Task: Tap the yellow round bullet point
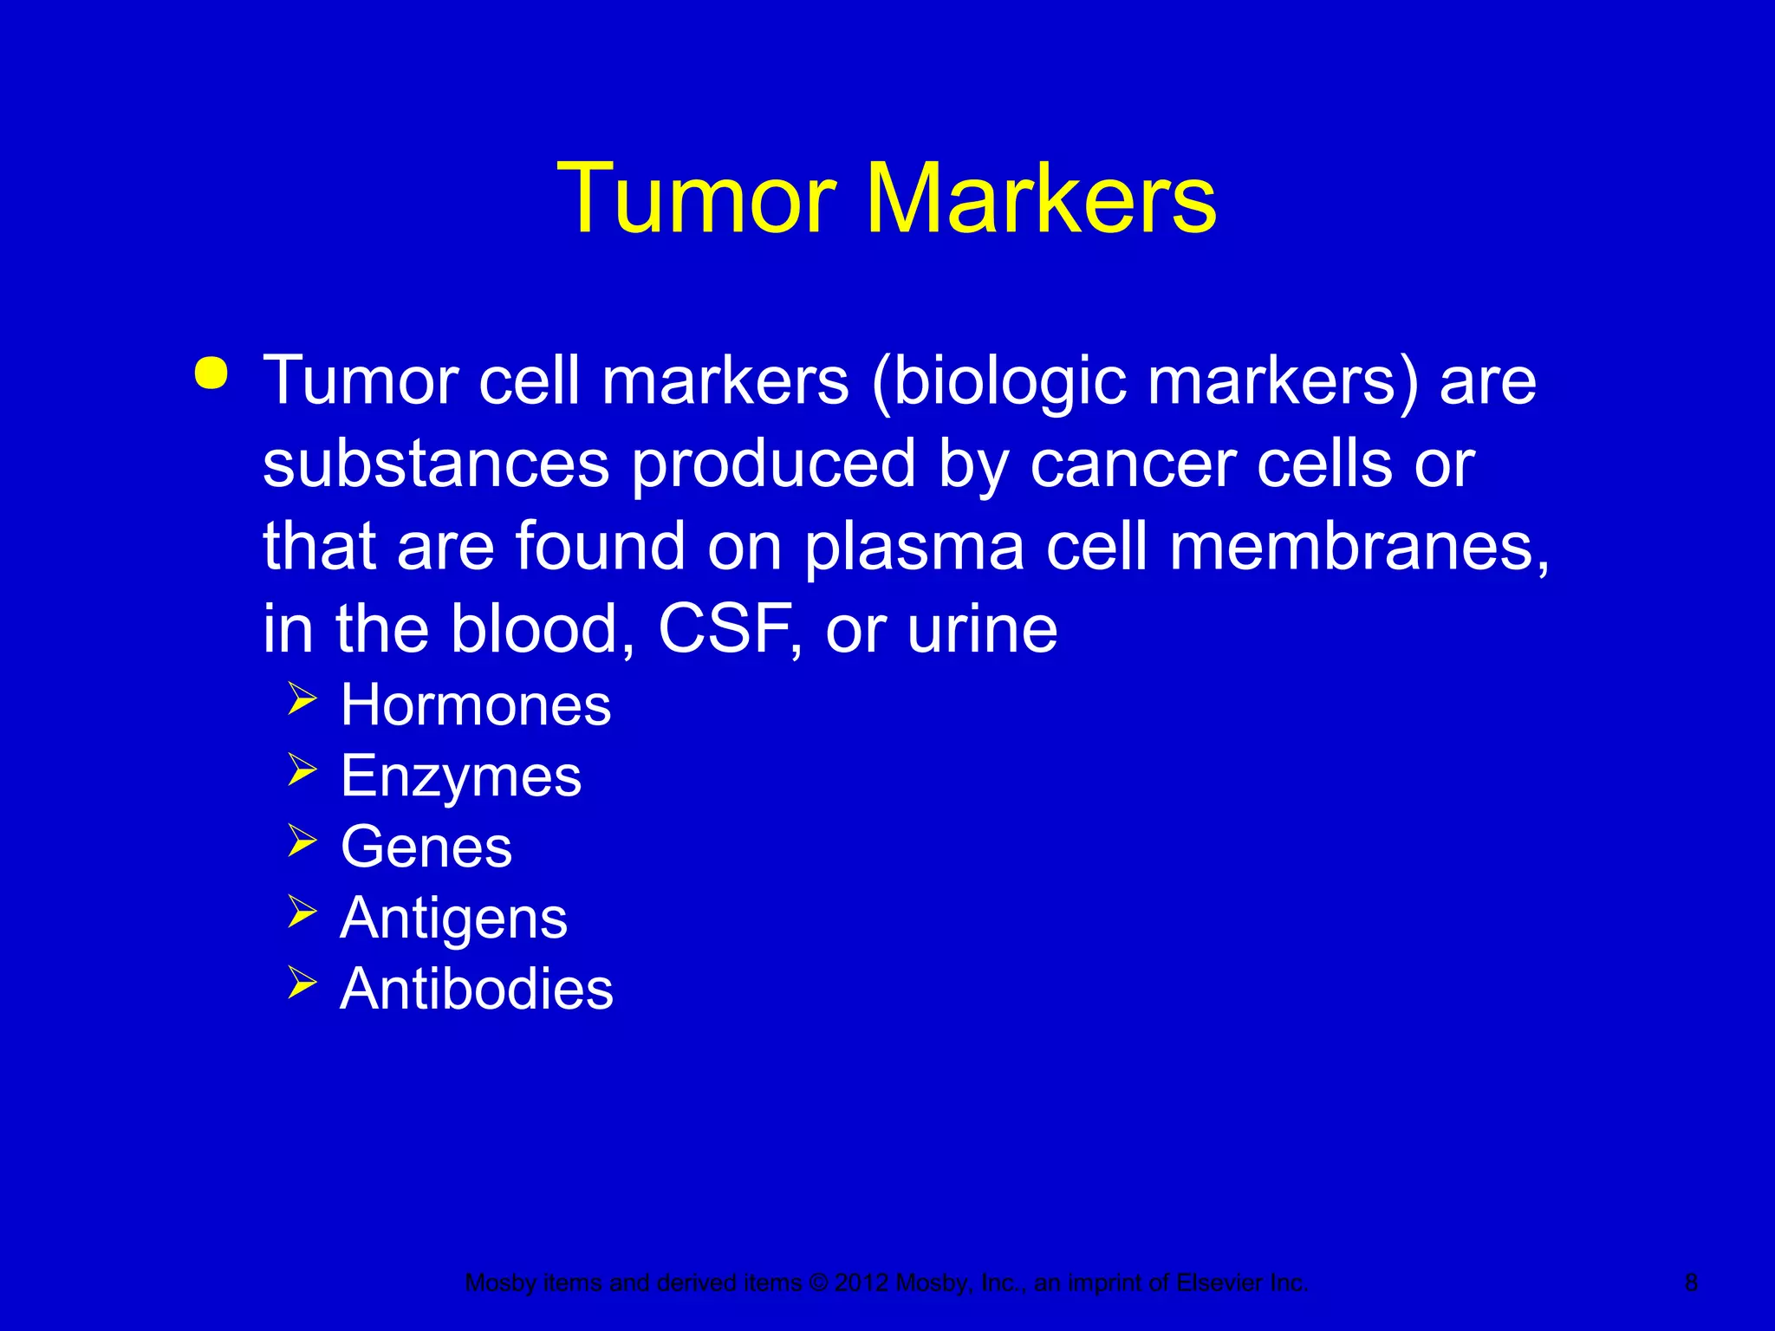(x=211, y=373)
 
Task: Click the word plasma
(x=914, y=547)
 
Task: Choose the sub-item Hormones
(x=476, y=704)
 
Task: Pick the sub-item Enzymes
(x=461, y=776)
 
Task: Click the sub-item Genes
(x=426, y=847)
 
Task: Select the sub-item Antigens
(x=454, y=918)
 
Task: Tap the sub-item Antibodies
(x=477, y=989)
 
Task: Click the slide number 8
(x=1691, y=1282)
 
